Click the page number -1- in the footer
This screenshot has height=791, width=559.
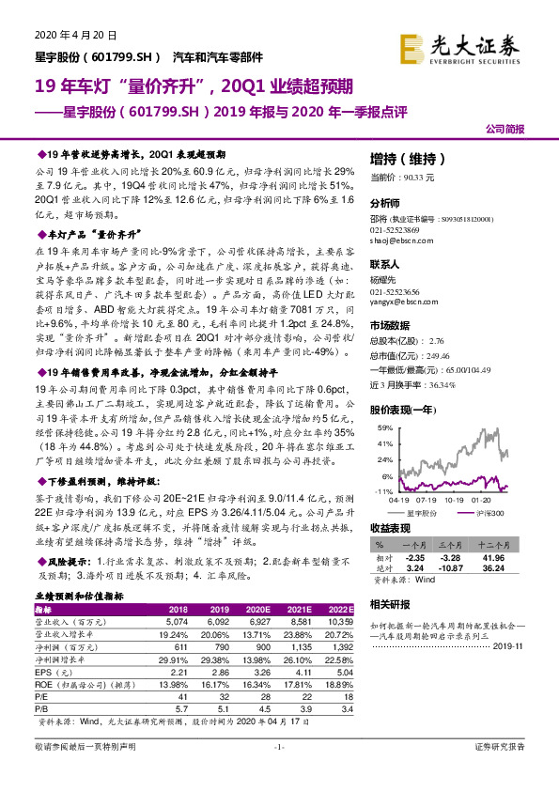(279, 772)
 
